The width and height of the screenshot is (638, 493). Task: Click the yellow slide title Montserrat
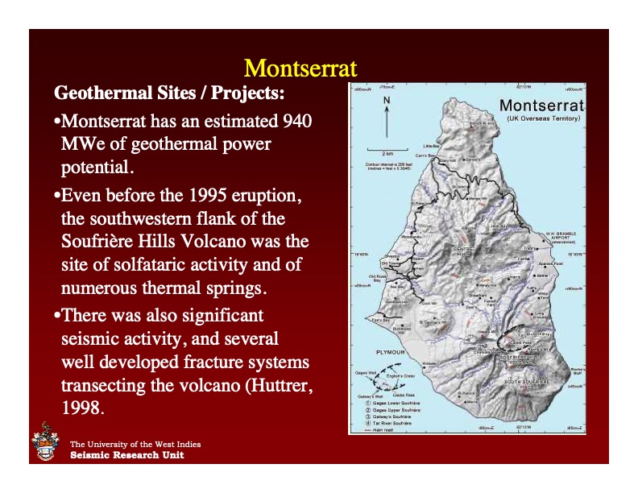(x=300, y=66)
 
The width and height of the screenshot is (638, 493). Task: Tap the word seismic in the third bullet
(x=88, y=339)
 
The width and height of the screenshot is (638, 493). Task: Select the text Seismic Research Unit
(x=126, y=455)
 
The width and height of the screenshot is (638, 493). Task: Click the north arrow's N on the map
(x=387, y=101)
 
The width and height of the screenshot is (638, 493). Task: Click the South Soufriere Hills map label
(x=528, y=382)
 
